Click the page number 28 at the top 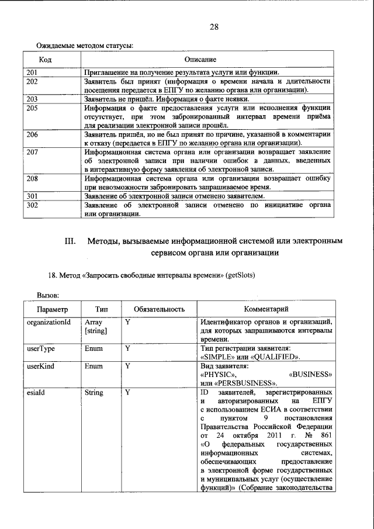pyautogui.click(x=214, y=27)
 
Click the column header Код pyautogui.click(x=46, y=60)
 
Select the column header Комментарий pyautogui.click(x=265, y=309)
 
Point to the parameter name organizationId pyautogui.click(x=49, y=321)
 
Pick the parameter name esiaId pyautogui.click(x=36, y=392)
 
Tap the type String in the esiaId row pyautogui.click(x=93, y=392)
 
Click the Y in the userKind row pyautogui.click(x=127, y=366)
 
